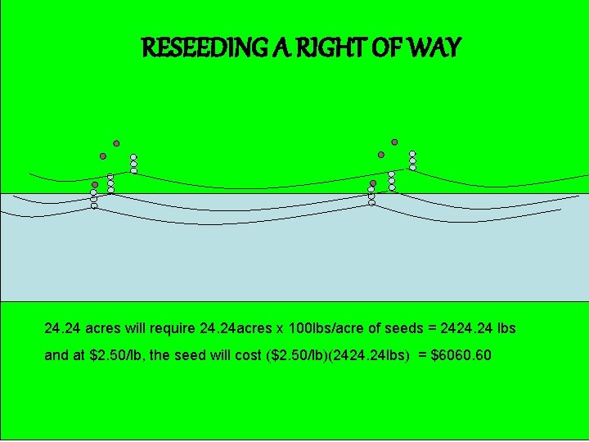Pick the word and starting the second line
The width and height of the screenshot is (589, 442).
(x=56, y=356)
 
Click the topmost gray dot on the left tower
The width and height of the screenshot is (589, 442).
(x=116, y=142)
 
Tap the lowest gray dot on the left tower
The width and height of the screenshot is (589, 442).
(x=95, y=185)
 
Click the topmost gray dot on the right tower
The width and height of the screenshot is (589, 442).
(x=394, y=142)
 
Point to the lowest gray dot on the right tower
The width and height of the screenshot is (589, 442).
(x=373, y=183)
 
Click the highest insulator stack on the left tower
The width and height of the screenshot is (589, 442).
(x=133, y=164)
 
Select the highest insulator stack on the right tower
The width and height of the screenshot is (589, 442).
(x=412, y=160)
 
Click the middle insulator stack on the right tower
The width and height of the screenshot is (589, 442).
(x=392, y=180)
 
